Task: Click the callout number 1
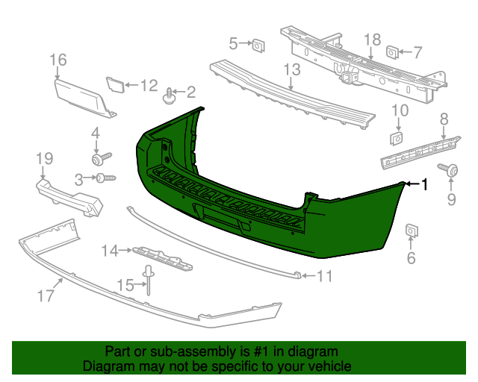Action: (x=426, y=184)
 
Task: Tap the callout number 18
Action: (x=372, y=40)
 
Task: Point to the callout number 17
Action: (x=46, y=295)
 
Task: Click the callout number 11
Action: (x=323, y=277)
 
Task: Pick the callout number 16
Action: (x=58, y=60)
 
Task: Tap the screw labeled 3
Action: (x=105, y=178)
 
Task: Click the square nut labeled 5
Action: (x=256, y=46)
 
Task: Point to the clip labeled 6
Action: (x=410, y=232)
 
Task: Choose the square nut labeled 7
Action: (x=391, y=52)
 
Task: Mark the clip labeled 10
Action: (x=397, y=138)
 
